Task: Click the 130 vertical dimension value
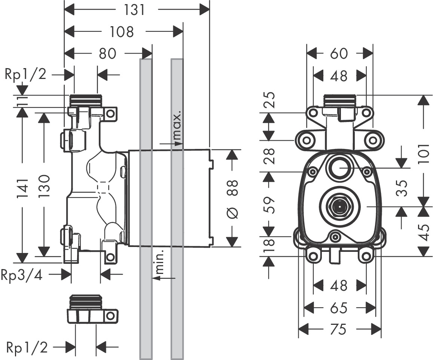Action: click(x=44, y=186)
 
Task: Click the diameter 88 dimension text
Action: click(x=232, y=198)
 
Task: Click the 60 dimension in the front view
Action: click(x=339, y=54)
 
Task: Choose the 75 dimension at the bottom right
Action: click(x=339, y=330)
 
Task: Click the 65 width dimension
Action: click(x=339, y=308)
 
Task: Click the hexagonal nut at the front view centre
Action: click(x=338, y=206)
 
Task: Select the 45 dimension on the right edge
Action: click(x=424, y=232)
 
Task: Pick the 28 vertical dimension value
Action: click(x=269, y=156)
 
